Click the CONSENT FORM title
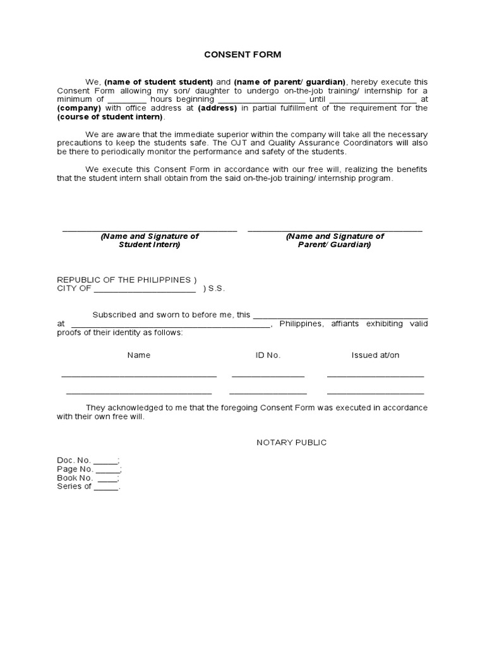tap(242, 55)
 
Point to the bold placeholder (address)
tap(217, 108)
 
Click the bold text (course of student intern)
tap(110, 117)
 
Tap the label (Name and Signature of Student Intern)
tap(150, 240)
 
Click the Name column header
tap(139, 355)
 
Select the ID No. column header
tap(268, 355)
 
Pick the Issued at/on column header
tap(375, 355)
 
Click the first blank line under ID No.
tap(268, 376)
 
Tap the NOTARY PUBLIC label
tap(291, 442)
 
